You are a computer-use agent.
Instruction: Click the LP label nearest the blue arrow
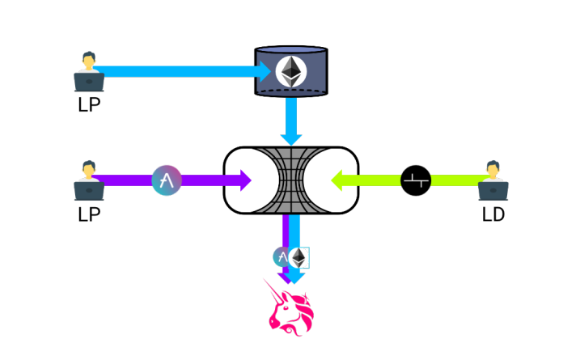coord(89,105)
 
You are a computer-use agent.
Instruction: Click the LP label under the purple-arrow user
coord(89,214)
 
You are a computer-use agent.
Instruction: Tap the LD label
coord(493,214)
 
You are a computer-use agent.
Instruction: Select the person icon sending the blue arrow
coord(88,70)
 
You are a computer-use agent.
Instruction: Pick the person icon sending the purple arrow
coord(88,180)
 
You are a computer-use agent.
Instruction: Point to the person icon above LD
coord(493,180)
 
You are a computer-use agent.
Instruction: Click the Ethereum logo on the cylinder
coord(290,72)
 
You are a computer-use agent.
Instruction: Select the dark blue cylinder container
coord(290,73)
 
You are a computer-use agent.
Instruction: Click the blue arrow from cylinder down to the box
coord(290,125)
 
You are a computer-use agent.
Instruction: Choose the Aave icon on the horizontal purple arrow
coord(167,180)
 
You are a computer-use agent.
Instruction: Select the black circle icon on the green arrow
coord(416,180)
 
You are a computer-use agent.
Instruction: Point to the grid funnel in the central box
coord(290,180)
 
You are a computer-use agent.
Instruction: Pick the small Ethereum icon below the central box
coord(300,258)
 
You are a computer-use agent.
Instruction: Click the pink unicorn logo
coord(290,307)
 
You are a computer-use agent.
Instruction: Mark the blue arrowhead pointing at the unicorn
coord(296,277)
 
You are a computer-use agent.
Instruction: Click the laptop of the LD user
coord(493,190)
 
